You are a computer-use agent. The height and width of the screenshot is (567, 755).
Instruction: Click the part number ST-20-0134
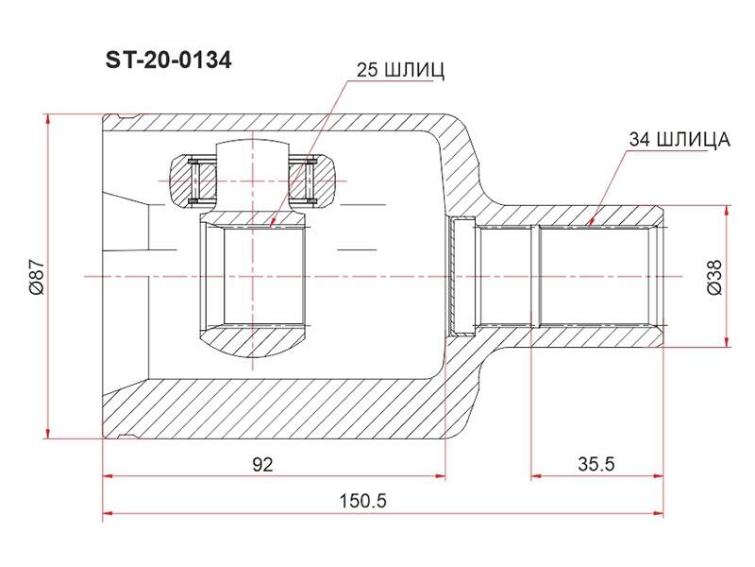tap(169, 60)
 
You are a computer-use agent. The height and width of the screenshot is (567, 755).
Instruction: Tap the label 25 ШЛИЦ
tap(400, 70)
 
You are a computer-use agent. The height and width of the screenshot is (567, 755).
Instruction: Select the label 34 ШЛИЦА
tap(679, 139)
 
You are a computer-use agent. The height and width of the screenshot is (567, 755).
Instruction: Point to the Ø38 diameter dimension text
tap(714, 276)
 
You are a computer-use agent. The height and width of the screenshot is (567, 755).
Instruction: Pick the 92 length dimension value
tap(263, 464)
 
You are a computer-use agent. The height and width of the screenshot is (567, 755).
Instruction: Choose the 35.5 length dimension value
tap(596, 464)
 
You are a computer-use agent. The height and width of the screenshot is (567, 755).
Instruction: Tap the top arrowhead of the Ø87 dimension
tap(47, 120)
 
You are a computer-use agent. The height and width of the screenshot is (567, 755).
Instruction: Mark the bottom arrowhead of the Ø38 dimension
tap(725, 341)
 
